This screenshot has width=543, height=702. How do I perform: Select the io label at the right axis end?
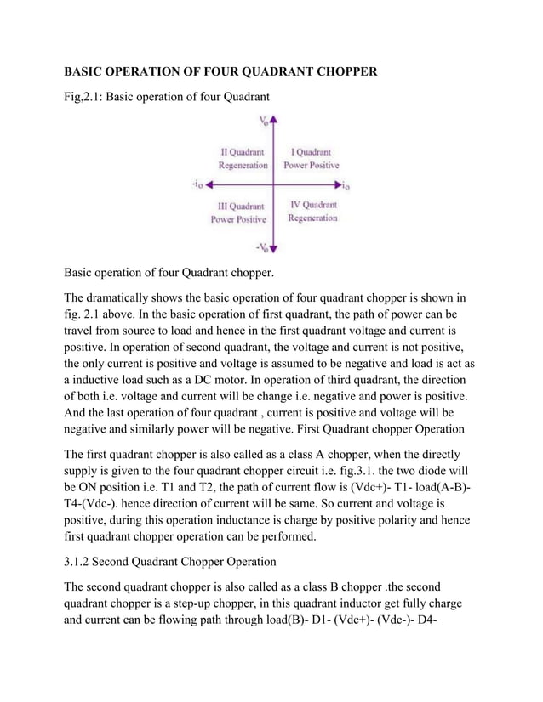348,184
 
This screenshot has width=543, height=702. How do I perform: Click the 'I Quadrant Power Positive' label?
311,159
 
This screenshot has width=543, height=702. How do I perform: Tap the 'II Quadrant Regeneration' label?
238,159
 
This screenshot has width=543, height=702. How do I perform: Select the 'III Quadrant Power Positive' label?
238,212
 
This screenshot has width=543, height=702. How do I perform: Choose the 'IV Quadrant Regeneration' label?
312,212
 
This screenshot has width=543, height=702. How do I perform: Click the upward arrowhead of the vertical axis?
274,122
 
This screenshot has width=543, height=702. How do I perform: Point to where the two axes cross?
274,184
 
